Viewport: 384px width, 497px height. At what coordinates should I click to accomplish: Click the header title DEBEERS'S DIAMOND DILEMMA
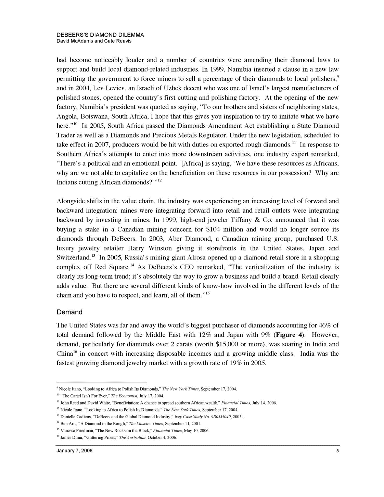100,35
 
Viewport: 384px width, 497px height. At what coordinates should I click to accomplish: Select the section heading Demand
69,312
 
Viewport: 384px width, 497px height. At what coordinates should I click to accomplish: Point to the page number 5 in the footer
337,451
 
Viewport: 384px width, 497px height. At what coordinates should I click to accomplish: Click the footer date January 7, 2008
74,451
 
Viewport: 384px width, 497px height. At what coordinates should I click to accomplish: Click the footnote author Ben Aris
67,424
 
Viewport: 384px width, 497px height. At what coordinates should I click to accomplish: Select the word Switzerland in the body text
73,257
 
